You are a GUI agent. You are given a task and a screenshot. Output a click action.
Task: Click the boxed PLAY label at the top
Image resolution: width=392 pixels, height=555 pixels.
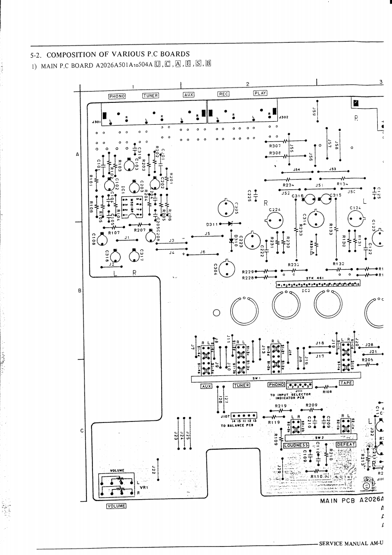[x=260, y=92]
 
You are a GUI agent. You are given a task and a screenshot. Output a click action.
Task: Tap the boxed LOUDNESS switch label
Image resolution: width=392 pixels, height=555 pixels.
[x=297, y=445]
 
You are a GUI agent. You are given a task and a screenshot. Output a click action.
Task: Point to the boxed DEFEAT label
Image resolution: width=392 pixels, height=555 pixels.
[x=346, y=445]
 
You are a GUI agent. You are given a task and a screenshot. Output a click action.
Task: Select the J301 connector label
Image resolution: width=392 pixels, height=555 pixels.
[x=96, y=121]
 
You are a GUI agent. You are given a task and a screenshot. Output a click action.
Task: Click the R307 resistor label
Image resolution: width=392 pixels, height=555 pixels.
[x=275, y=146]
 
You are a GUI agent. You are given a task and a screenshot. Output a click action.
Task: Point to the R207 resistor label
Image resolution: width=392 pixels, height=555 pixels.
[x=140, y=230]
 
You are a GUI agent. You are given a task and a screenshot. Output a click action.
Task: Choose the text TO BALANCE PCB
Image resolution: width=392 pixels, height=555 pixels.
[x=237, y=425]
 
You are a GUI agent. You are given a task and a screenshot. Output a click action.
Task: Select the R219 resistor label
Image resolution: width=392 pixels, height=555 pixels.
[x=280, y=406]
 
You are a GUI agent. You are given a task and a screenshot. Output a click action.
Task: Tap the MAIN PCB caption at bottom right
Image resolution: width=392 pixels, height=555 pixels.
[x=338, y=501]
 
